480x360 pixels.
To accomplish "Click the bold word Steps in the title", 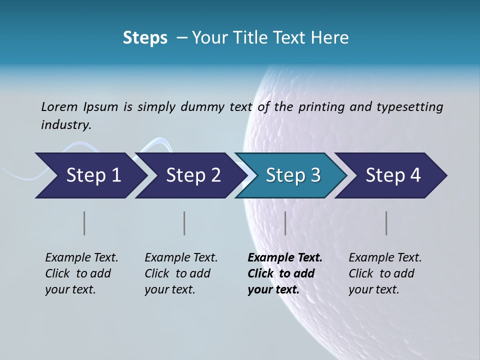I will tap(145, 38).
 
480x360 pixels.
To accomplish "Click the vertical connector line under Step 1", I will tap(84, 223).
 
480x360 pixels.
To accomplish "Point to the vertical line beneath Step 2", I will tap(184, 223).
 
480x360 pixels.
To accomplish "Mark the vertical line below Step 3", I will tap(285, 223).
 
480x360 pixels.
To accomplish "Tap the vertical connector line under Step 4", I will tap(386, 223).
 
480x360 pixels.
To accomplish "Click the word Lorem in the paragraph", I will tap(59, 106).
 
